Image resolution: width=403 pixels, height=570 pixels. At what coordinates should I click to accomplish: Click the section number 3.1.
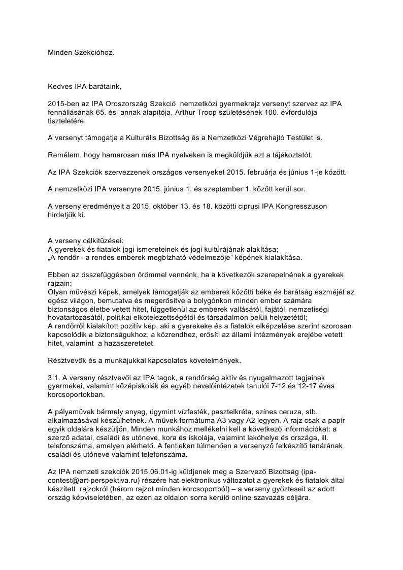click(x=54, y=378)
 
